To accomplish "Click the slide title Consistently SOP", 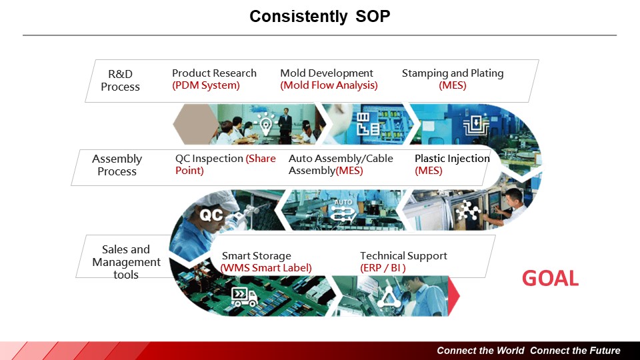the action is click(x=319, y=16).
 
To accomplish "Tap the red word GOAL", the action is click(x=550, y=279).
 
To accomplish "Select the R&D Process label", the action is click(x=121, y=81).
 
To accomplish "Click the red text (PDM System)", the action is click(x=206, y=85).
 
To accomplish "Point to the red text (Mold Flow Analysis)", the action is click(x=329, y=85).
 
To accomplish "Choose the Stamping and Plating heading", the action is click(x=453, y=73).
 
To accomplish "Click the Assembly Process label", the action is click(x=117, y=165).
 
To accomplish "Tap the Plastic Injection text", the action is click(x=452, y=159).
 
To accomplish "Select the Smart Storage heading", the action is click(x=256, y=256).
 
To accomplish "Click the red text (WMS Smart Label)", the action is click(x=266, y=268).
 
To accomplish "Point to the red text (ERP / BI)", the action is click(x=383, y=268).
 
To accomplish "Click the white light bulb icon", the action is click(x=266, y=124).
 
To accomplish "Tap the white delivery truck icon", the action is click(x=244, y=297).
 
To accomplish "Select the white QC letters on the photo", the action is click(x=211, y=215).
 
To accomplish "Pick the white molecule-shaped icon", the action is click(x=467, y=211).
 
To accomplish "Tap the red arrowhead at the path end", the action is click(x=454, y=296).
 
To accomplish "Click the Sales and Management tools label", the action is click(x=126, y=262).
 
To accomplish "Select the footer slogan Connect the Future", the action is click(x=575, y=351).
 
